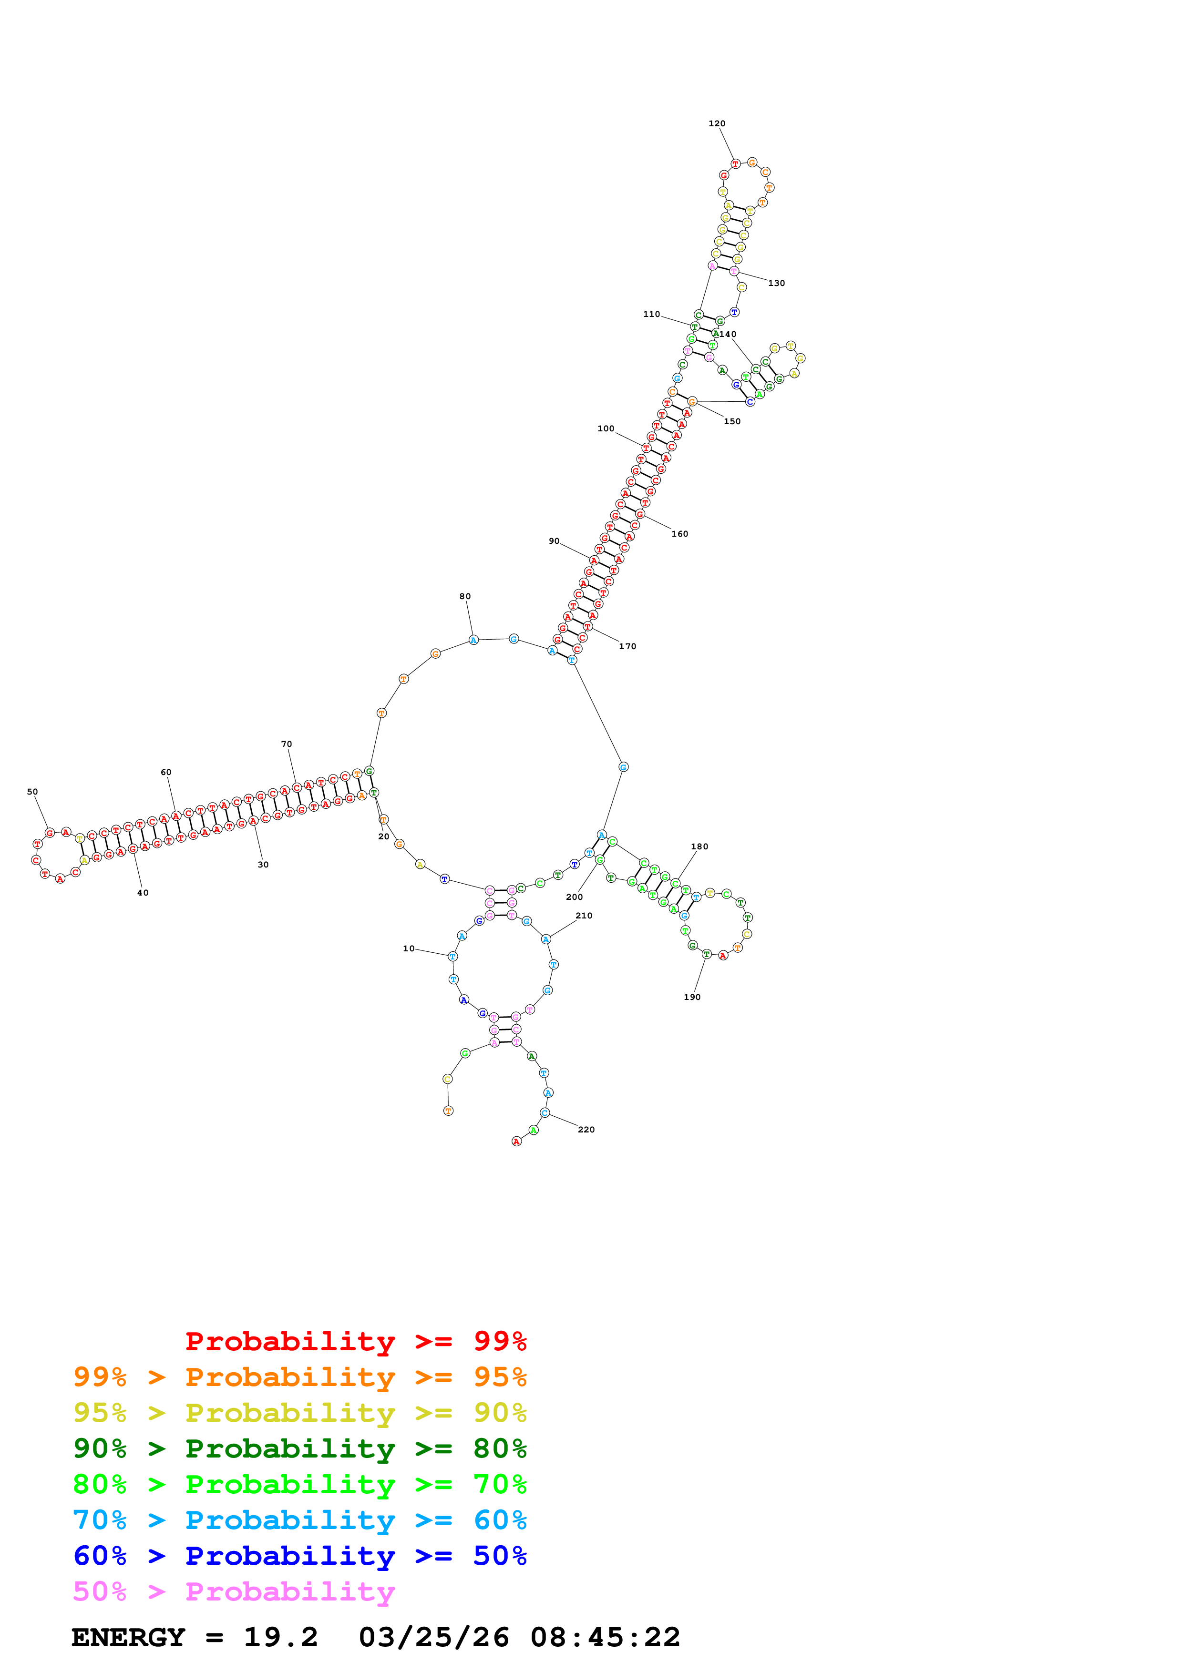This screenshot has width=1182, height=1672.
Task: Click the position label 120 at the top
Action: pos(717,124)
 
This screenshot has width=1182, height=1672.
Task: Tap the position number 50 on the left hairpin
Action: pos(32,792)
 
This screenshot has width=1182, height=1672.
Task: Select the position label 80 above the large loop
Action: pos(464,596)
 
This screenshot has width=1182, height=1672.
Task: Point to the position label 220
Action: pos(586,1130)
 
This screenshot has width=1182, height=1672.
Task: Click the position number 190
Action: pos(692,997)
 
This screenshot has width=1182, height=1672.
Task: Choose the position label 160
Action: pos(679,534)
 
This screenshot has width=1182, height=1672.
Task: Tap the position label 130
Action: pos(776,283)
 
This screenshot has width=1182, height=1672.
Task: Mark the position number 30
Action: pos(263,865)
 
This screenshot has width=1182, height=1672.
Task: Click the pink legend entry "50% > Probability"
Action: pos(234,1591)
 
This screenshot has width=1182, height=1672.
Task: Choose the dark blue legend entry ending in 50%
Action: pos(299,1556)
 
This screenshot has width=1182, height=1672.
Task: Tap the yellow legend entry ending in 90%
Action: pos(299,1412)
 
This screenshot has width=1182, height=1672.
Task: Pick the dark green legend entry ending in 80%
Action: pos(299,1448)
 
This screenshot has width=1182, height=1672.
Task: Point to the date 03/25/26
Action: pos(433,1637)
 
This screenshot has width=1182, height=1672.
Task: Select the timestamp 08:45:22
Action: pos(605,1637)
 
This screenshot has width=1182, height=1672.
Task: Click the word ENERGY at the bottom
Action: pos(128,1637)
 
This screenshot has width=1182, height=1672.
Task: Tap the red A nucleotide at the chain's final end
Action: pos(516,1141)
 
